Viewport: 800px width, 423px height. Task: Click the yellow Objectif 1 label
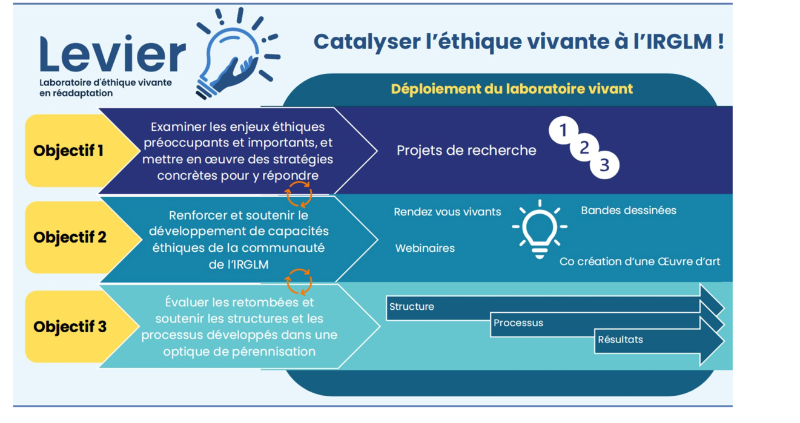tap(68, 151)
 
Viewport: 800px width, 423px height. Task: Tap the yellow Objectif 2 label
tap(70, 237)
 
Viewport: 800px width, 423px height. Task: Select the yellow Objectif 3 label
tap(70, 326)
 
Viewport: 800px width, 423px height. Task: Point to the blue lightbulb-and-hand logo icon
tap(237, 53)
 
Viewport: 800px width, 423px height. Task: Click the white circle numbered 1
tap(563, 130)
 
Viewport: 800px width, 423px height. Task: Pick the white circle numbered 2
tap(584, 148)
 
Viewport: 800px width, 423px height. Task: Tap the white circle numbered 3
tap(604, 165)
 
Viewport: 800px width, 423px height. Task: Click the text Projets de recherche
tap(466, 150)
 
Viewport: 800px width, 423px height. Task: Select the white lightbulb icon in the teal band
tap(540, 229)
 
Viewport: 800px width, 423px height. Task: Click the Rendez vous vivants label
tap(448, 212)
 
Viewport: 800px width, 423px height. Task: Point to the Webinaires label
tap(425, 248)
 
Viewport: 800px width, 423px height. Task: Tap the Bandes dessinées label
tap(629, 210)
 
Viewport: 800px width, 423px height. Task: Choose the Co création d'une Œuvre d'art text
tap(640, 261)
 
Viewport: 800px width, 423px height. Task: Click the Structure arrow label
tap(412, 307)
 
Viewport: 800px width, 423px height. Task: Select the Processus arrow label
tap(518, 323)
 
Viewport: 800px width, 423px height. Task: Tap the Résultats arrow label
tap(620, 339)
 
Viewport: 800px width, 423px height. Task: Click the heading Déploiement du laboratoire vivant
tap(512, 89)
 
